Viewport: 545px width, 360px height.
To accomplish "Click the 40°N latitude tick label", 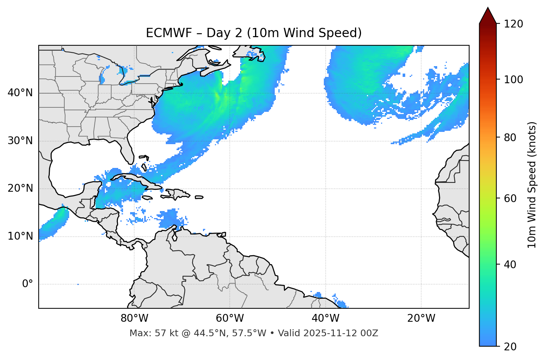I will point(20,93).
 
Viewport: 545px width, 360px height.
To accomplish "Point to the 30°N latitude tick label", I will point(20,141).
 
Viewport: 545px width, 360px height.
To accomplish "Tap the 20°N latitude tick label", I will point(20,188).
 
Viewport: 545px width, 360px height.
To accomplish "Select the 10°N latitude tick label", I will point(20,236).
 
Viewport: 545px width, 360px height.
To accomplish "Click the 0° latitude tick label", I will point(28,284).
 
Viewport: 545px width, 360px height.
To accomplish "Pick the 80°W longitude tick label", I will point(134,318).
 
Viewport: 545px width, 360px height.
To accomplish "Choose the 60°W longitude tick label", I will point(230,318).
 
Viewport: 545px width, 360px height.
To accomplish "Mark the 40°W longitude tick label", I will point(325,318).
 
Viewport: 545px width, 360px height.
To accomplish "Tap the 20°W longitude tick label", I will point(421,318).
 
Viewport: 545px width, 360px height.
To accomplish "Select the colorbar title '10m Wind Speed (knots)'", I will point(532,185).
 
